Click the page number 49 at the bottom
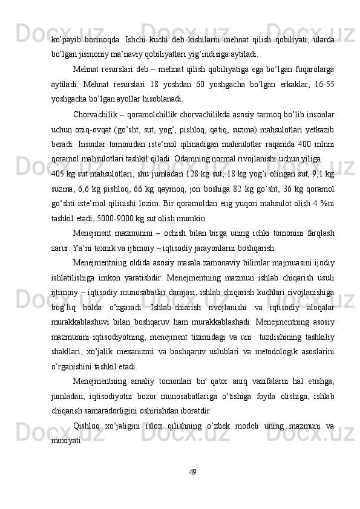click(x=192, y=472)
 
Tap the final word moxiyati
click(x=67, y=440)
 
